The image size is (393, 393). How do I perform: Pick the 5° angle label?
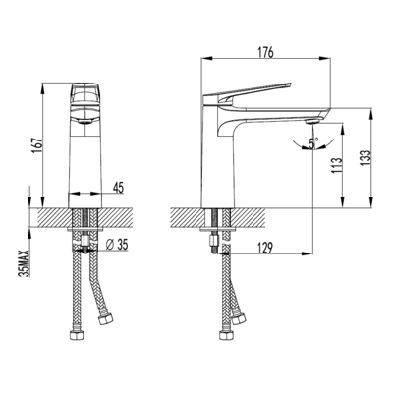[x=312, y=143]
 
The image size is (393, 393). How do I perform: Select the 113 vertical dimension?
[x=335, y=162]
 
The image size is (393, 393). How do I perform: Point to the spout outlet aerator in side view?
[x=310, y=120]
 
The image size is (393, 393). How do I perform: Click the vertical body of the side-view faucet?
[x=214, y=157]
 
